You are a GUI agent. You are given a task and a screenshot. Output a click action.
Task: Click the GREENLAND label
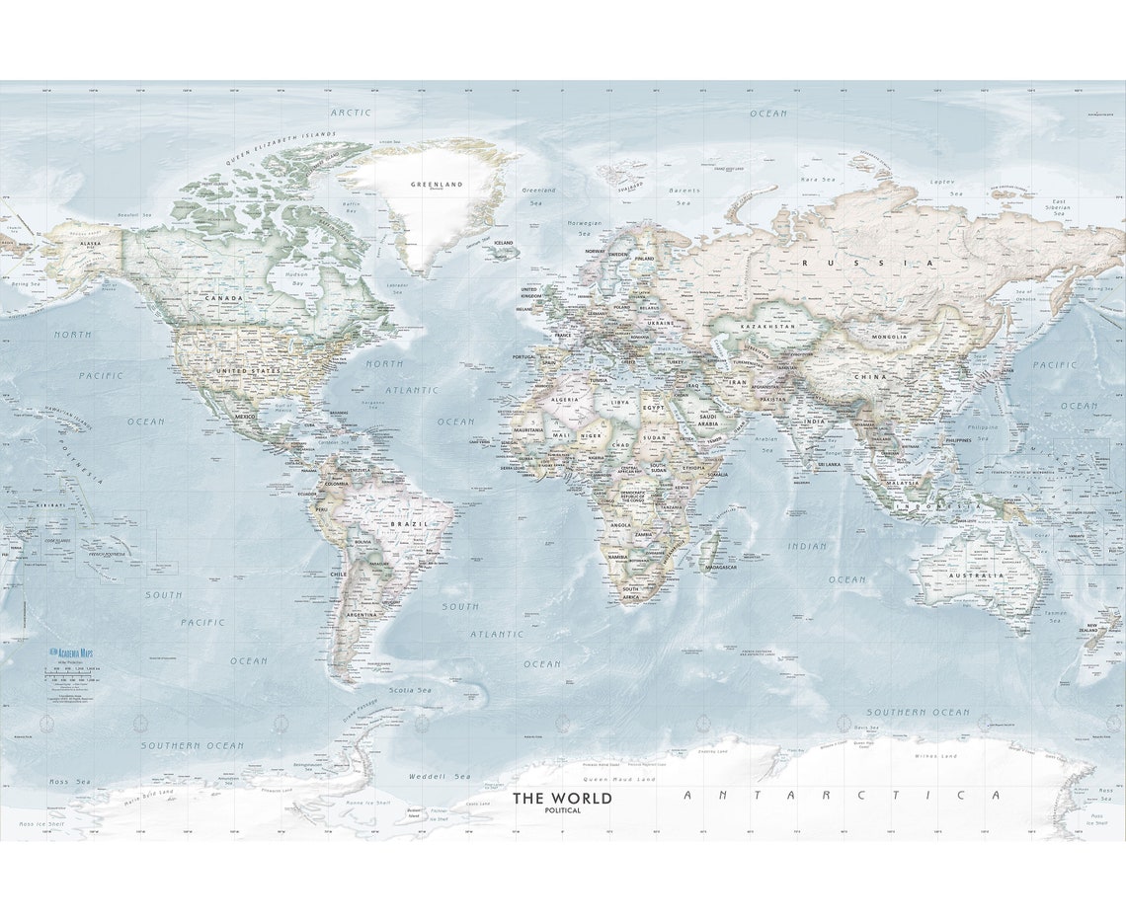tap(437, 184)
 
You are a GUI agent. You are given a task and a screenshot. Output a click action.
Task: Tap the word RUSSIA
tap(867, 263)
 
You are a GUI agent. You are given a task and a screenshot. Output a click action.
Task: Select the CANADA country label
tap(223, 297)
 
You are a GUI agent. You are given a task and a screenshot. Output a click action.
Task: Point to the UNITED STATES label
tap(248, 370)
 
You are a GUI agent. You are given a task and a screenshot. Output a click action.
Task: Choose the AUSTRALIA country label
tap(976, 575)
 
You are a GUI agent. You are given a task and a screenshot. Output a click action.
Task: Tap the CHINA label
tap(871, 376)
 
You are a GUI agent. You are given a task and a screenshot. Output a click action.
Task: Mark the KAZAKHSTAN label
tap(767, 326)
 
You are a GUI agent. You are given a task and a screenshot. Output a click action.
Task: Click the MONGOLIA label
tap(889, 337)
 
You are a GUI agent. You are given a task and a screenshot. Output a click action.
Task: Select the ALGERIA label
tap(563, 399)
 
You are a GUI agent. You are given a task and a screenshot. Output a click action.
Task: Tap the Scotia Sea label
tap(410, 690)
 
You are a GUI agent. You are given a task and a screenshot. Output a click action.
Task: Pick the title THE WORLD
tap(562, 798)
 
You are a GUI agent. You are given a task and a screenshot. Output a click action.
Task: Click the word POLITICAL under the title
tap(562, 810)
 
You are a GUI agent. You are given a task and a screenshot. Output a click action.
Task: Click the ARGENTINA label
tap(361, 614)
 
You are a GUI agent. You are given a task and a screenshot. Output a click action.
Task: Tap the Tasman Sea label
tap(1054, 616)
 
